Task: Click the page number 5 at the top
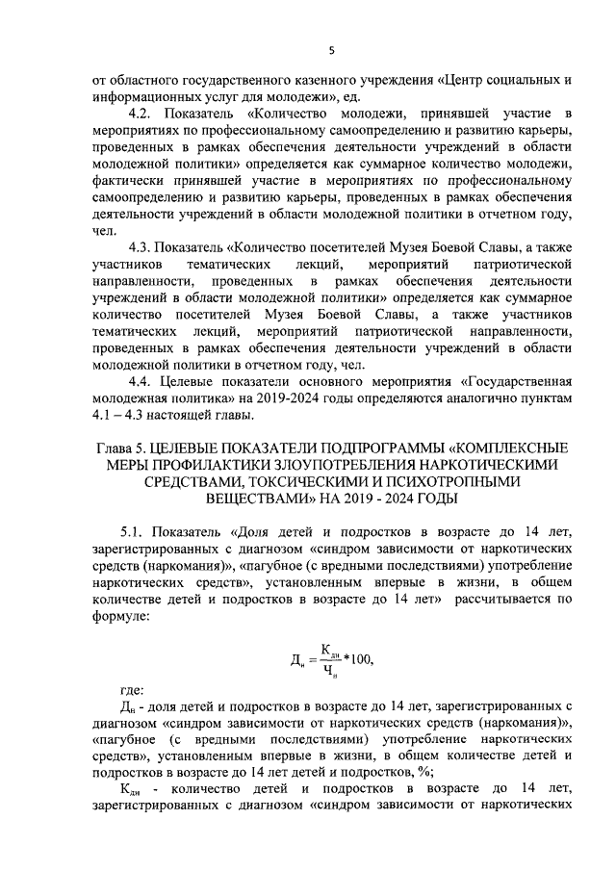pos(331,51)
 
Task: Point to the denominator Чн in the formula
pos(330,671)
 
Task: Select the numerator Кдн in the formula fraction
pos(330,649)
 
